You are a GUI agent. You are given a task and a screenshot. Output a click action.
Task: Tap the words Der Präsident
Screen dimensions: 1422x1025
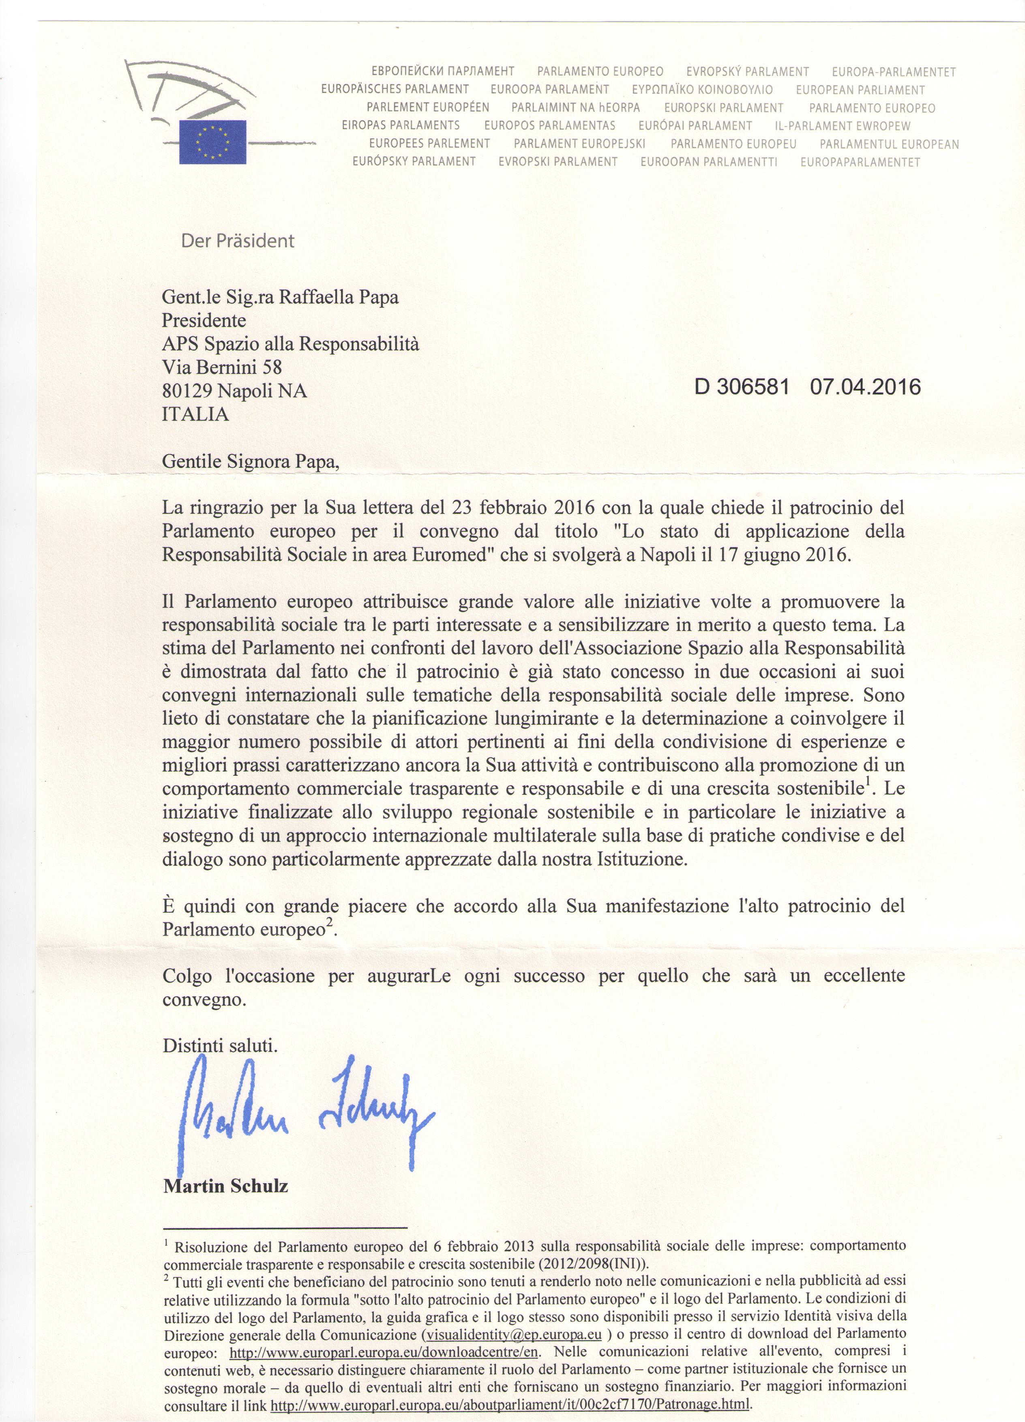[238, 241]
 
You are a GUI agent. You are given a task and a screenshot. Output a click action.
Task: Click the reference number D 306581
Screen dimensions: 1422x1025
[741, 387]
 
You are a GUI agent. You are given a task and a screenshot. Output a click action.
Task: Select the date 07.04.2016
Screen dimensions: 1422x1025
[865, 387]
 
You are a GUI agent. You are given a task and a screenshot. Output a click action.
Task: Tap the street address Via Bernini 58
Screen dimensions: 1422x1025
[222, 367]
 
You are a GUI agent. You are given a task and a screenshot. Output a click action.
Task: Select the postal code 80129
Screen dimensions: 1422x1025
[187, 390]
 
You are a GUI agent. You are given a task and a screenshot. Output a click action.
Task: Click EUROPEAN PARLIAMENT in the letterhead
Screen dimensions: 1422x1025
[860, 90]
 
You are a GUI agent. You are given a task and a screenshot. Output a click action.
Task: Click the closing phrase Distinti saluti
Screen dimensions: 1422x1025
[219, 1046]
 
